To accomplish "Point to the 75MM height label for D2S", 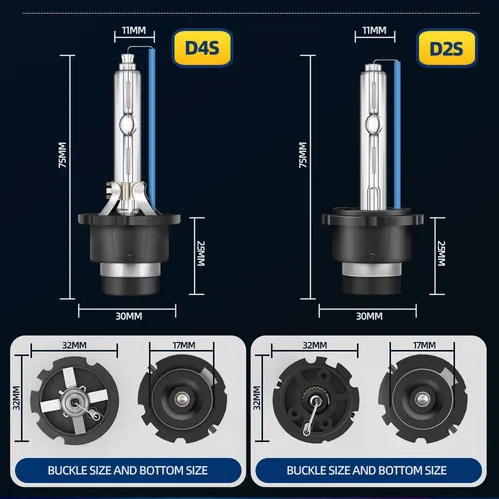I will (302, 156).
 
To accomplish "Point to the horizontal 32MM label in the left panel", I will (74, 345).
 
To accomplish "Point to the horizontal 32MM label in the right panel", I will (314, 345).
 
